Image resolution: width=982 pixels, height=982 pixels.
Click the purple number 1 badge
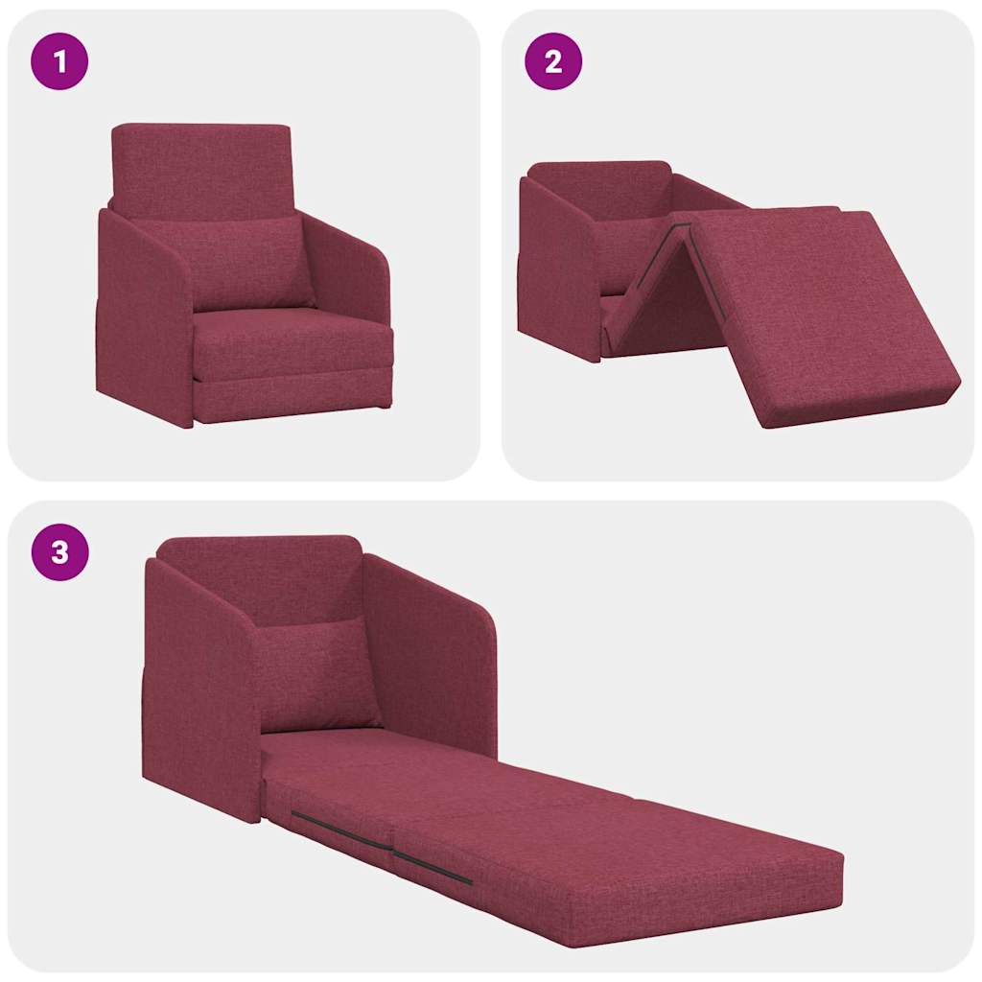[59, 62]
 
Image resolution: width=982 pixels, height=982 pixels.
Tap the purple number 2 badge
[552, 62]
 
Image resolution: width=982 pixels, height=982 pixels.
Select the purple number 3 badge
[59, 552]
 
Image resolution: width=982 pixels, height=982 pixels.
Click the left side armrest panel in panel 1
[144, 316]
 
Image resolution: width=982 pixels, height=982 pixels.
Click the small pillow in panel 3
[316, 671]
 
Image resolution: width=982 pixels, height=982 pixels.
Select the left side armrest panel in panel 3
[201, 690]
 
